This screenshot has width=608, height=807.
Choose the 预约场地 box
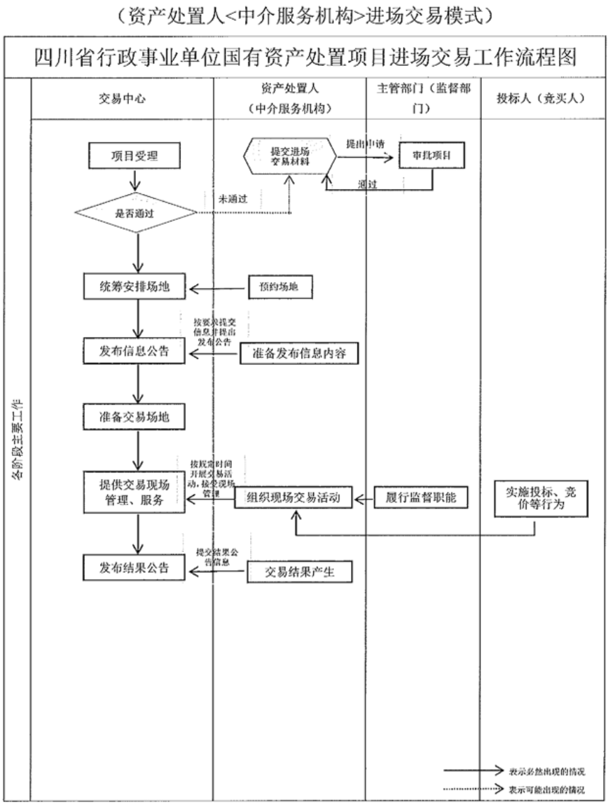[x=279, y=287]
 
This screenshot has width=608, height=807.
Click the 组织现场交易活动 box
[x=293, y=499]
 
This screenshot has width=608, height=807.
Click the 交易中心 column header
[x=122, y=99]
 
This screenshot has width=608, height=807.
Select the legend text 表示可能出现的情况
[x=546, y=789]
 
